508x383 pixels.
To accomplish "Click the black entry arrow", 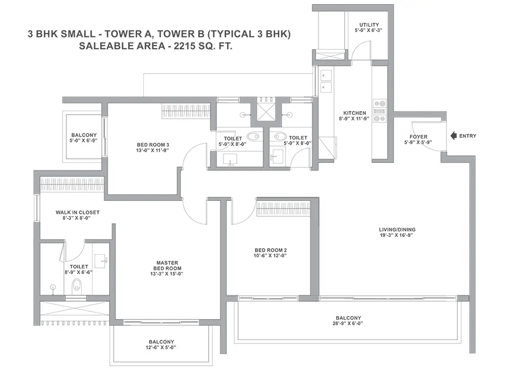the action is (x=453, y=136).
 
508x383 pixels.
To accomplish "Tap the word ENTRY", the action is (x=468, y=136).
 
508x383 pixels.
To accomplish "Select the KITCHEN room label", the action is (x=355, y=113).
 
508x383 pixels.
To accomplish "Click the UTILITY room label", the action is (x=369, y=24).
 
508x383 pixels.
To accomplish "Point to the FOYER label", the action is (x=418, y=137).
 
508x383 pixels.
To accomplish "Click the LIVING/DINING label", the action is (x=397, y=230).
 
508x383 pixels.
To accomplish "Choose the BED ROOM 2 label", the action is (x=271, y=250).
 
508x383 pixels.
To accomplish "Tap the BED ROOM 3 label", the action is (x=153, y=145).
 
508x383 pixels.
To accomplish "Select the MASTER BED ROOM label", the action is (x=167, y=266).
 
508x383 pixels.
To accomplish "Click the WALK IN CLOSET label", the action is (x=77, y=213).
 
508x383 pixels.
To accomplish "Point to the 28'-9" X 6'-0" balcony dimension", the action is (x=348, y=324).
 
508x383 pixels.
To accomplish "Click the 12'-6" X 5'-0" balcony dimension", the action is (x=162, y=347).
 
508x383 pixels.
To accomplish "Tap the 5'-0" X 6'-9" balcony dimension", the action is (x=84, y=141).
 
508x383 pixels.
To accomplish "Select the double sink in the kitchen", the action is (x=326, y=81).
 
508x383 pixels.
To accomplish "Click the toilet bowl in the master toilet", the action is (x=77, y=285).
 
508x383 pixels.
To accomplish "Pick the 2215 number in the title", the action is (x=184, y=46).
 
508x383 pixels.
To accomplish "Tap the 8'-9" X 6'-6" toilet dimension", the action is (x=79, y=272).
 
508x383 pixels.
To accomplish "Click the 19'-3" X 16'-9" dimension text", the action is (x=397, y=235).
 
